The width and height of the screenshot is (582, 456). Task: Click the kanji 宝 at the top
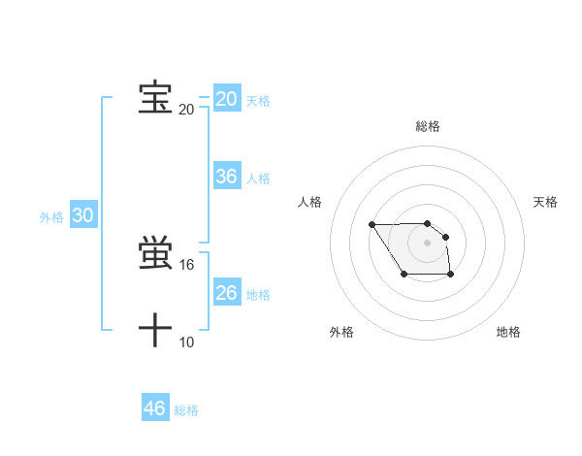click(155, 97)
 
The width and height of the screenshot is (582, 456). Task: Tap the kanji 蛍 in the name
click(155, 254)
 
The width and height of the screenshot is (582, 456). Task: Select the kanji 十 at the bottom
click(155, 331)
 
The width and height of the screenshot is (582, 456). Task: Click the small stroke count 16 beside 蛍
click(187, 265)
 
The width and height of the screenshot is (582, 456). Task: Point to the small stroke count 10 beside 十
click(187, 342)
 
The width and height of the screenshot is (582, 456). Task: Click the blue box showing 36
click(227, 177)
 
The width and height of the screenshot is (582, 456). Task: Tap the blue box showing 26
click(227, 293)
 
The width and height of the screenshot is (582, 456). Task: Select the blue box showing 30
click(83, 216)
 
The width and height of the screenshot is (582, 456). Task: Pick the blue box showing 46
click(155, 408)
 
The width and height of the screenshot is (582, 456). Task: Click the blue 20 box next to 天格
click(227, 99)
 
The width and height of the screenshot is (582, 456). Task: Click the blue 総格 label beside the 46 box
click(186, 410)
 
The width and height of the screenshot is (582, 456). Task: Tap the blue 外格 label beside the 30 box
click(51, 218)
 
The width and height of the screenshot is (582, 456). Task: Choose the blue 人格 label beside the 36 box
click(258, 179)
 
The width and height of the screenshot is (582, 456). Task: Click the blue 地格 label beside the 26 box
click(258, 295)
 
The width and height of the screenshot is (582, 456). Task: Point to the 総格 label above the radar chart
click(428, 126)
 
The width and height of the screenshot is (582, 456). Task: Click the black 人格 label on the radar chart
click(310, 202)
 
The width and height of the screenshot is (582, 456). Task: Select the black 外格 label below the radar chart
click(341, 333)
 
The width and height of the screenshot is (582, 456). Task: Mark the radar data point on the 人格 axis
click(372, 225)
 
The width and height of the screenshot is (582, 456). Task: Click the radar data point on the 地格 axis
click(451, 276)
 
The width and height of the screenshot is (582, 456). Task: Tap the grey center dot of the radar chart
click(428, 242)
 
